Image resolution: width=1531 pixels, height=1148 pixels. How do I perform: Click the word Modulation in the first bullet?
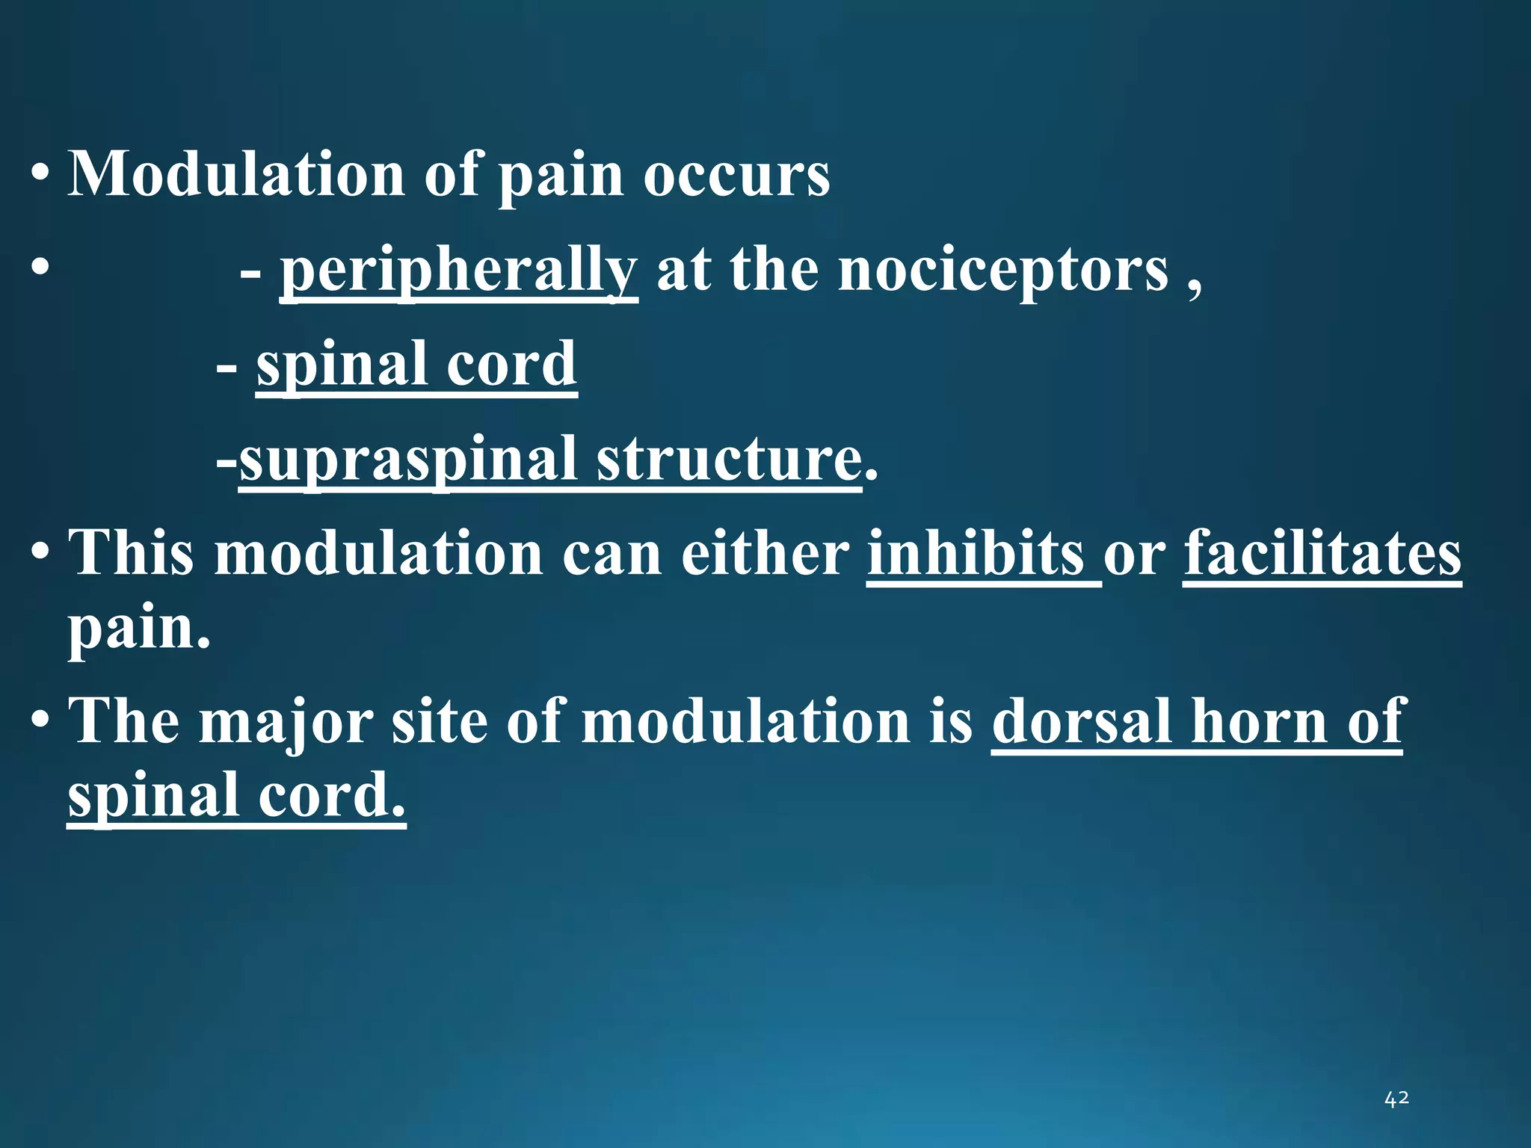(x=237, y=174)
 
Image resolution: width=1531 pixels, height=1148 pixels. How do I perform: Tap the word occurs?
(x=736, y=176)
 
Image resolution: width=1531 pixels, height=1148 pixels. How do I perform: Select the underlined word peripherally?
(x=458, y=271)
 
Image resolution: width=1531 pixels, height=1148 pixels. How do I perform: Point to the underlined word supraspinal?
(x=407, y=459)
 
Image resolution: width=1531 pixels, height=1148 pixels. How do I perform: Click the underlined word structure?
(x=729, y=459)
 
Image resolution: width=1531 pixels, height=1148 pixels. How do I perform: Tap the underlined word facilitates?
(x=1322, y=554)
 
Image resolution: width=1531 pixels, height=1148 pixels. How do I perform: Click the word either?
(x=765, y=554)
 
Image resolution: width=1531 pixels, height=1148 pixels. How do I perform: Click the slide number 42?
(x=1396, y=1099)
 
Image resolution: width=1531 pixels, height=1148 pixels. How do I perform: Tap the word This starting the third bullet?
(x=132, y=554)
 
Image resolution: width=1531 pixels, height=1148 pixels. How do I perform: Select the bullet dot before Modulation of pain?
(x=40, y=177)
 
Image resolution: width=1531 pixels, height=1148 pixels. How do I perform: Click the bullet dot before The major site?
(x=40, y=723)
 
